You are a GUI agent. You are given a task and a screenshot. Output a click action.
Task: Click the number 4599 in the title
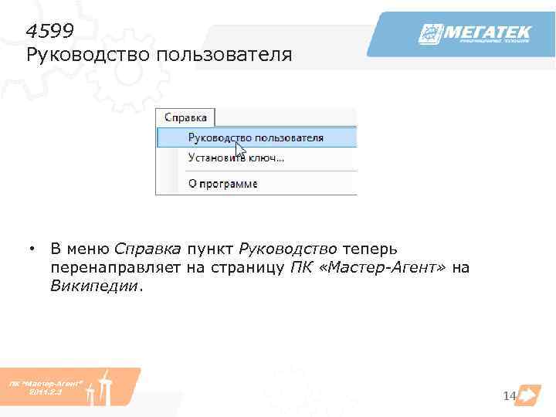tap(49, 31)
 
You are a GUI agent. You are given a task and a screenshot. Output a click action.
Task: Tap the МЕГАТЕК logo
tap(474, 35)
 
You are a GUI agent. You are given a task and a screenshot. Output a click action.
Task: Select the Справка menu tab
tap(186, 118)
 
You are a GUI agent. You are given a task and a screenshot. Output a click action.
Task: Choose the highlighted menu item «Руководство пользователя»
tap(256, 137)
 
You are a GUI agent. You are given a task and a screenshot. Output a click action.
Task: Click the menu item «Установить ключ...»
tap(236, 158)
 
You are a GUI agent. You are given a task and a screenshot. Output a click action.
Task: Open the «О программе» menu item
tap(222, 184)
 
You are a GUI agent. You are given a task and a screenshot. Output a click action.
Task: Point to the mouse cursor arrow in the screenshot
tap(240, 149)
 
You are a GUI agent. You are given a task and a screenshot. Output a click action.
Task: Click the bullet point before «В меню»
tap(33, 249)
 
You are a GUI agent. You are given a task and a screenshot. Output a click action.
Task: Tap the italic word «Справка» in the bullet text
tap(147, 249)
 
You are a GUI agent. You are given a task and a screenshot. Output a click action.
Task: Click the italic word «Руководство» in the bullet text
tap(288, 249)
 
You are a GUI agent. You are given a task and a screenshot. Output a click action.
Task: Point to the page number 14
tap(508, 396)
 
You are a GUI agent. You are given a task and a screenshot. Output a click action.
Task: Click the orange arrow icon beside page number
tap(527, 395)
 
